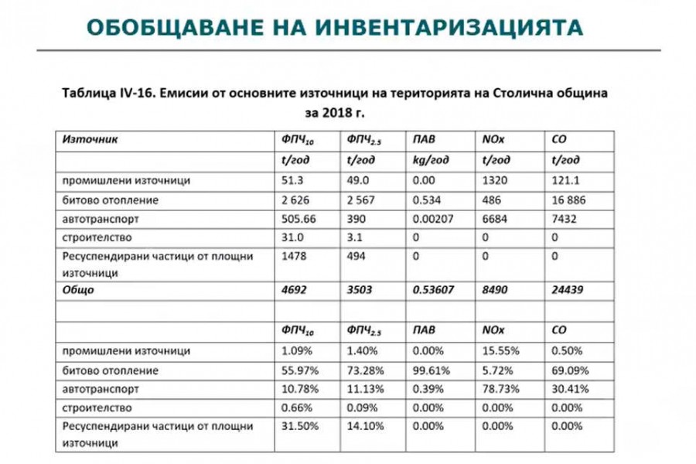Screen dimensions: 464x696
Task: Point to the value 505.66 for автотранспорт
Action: pos(299,219)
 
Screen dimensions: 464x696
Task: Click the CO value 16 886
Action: pos(568,200)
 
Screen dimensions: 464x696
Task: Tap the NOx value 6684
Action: pos(496,219)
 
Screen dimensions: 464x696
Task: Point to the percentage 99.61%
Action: pos(431,370)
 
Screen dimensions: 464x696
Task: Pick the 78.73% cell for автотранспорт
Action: pos(498,389)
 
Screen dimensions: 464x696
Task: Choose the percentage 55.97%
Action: pos(298,370)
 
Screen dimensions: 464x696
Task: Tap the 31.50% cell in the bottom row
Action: pos(298,426)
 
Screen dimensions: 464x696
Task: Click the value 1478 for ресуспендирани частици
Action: pos(293,256)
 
